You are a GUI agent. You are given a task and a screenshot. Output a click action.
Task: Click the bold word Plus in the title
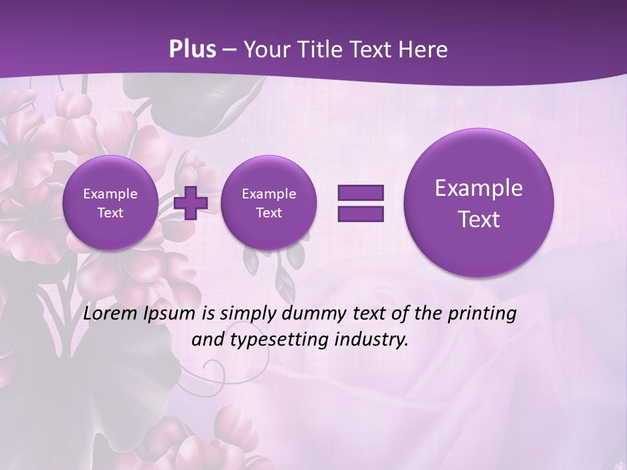(x=192, y=50)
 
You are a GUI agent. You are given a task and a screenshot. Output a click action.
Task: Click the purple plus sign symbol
(x=191, y=202)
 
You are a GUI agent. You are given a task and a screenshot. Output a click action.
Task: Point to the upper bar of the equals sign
(x=361, y=193)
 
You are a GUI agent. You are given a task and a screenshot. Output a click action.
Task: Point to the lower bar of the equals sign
(x=361, y=214)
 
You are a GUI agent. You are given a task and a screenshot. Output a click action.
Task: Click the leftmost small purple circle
(x=110, y=202)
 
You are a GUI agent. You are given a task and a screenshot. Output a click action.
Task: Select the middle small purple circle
(x=268, y=202)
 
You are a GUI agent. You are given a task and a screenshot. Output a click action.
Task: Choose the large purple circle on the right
(x=479, y=203)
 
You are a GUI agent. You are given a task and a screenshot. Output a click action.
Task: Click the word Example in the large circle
(x=479, y=188)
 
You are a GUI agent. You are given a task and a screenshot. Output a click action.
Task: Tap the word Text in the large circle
(x=479, y=219)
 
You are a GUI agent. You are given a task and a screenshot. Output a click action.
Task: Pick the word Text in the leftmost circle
(x=110, y=213)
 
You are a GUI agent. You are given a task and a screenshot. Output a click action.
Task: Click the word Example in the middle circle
(x=268, y=194)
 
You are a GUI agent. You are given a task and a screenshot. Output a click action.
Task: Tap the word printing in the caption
(x=482, y=314)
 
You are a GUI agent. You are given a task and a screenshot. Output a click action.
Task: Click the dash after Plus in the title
(x=229, y=50)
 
